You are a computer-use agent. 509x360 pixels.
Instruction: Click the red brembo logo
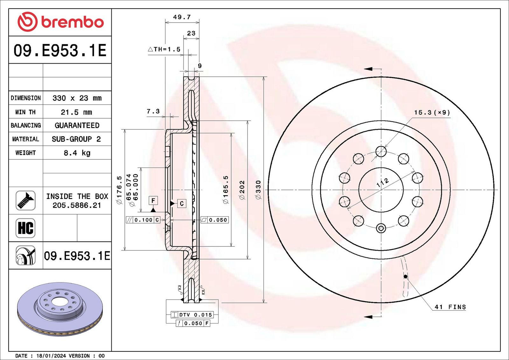pos(61,22)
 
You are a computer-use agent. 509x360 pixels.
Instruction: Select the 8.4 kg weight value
pos(77,153)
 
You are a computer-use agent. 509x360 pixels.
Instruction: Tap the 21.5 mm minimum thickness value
pos(76,112)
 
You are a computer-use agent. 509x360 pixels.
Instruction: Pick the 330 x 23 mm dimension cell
pos(77,98)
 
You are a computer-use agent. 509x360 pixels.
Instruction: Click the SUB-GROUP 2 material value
pos(76,139)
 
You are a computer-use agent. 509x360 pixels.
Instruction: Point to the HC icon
pos(25,228)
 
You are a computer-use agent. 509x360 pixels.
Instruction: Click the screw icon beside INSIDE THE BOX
pos(25,201)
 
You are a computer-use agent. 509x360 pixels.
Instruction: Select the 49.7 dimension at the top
pos(182,17)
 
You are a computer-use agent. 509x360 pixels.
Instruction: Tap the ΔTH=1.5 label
pos(164,49)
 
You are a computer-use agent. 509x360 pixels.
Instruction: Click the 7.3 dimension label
pos(153,111)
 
